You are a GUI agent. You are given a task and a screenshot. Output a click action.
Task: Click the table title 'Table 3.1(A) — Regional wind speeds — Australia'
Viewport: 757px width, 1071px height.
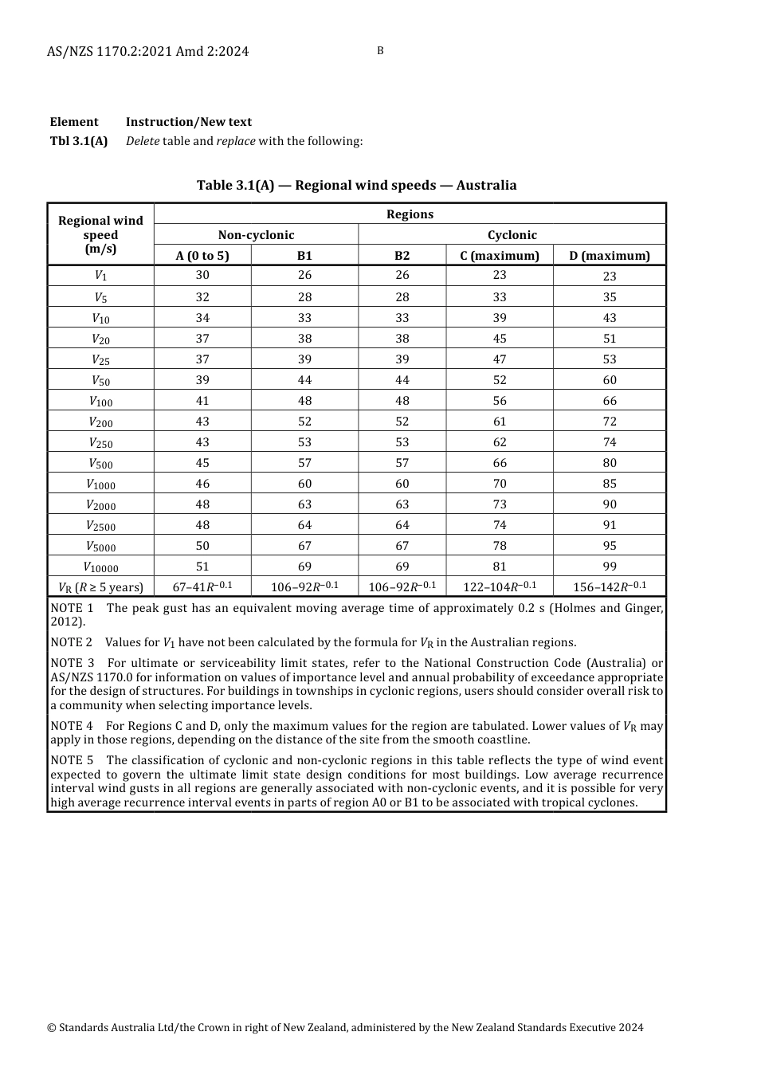[x=356, y=186]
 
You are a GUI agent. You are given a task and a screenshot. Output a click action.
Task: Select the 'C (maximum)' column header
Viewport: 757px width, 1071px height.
[x=500, y=256]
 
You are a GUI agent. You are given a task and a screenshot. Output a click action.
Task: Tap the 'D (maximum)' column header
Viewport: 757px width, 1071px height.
[x=610, y=256]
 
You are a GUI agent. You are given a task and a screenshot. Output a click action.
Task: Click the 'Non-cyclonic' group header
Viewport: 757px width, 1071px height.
[x=256, y=235]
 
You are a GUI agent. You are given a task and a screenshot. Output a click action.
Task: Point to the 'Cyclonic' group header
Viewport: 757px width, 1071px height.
[x=512, y=235]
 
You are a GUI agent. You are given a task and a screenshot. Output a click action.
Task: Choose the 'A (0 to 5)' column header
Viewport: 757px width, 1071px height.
[x=202, y=256]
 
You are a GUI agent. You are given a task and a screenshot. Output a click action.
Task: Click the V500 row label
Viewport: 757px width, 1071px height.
[x=101, y=464]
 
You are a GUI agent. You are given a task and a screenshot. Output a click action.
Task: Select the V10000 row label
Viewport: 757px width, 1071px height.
[x=101, y=567]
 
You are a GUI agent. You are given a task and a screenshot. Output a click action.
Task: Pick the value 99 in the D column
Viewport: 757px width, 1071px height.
[x=610, y=567]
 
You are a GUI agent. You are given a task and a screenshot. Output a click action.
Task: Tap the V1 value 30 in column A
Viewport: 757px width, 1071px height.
[x=202, y=275]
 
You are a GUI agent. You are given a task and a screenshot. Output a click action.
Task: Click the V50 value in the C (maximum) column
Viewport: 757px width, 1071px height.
[x=500, y=380]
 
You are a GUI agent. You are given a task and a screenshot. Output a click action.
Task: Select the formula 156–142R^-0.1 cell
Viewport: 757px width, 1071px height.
[x=610, y=587]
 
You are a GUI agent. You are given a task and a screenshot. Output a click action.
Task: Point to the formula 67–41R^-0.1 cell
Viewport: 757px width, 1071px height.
[x=202, y=587]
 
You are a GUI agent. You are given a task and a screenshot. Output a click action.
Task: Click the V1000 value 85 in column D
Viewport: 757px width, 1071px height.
[x=610, y=484]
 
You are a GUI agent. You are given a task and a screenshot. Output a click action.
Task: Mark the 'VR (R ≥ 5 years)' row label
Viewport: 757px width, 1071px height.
[x=101, y=588]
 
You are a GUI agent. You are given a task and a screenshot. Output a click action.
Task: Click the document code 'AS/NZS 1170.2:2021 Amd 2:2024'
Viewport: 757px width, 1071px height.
[x=147, y=52]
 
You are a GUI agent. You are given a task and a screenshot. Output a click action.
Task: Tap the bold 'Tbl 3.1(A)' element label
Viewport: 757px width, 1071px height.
[x=79, y=141]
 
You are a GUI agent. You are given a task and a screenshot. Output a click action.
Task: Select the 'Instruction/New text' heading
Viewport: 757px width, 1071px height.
[x=189, y=122]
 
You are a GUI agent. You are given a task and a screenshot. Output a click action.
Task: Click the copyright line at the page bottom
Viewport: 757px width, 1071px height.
[x=345, y=1027]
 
